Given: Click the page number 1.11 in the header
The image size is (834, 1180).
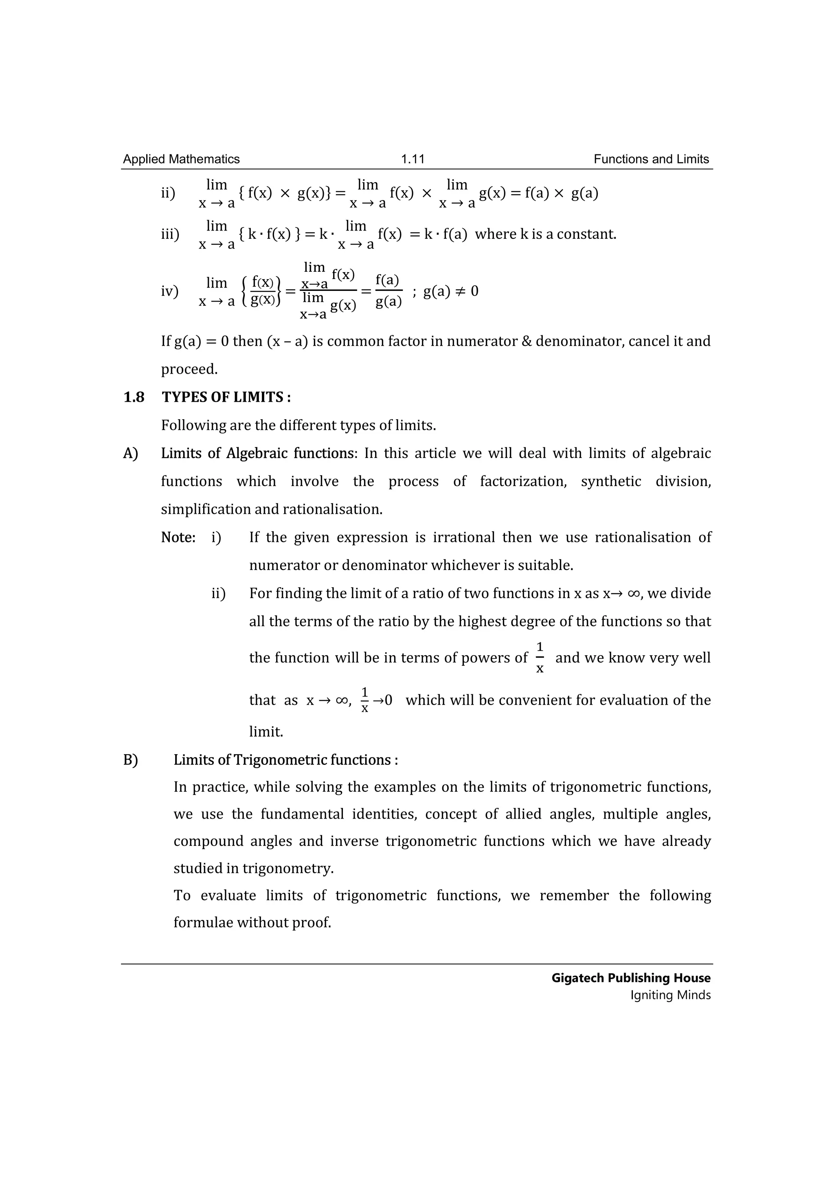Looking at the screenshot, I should click(413, 159).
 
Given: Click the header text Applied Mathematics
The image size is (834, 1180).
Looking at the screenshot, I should click(181, 159).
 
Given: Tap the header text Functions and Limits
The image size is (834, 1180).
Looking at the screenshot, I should click(651, 159).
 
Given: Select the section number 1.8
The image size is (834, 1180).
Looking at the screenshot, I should click(134, 397).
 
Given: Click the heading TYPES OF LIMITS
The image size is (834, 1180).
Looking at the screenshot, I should click(222, 397).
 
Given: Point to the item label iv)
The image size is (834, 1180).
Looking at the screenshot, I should click(169, 291).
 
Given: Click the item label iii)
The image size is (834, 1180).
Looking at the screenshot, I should click(170, 234).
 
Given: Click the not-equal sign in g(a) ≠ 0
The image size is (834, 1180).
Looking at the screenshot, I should click(460, 291).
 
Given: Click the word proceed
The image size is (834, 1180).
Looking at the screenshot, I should click(189, 369).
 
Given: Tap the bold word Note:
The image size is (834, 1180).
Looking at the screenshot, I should click(178, 537).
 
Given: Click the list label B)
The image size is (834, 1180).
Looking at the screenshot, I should click(130, 760).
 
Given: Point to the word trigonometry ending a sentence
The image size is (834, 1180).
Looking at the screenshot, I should click(288, 869).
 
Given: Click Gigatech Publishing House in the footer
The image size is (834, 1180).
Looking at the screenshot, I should click(631, 978).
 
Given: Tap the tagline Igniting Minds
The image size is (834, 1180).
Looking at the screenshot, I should click(670, 995).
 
